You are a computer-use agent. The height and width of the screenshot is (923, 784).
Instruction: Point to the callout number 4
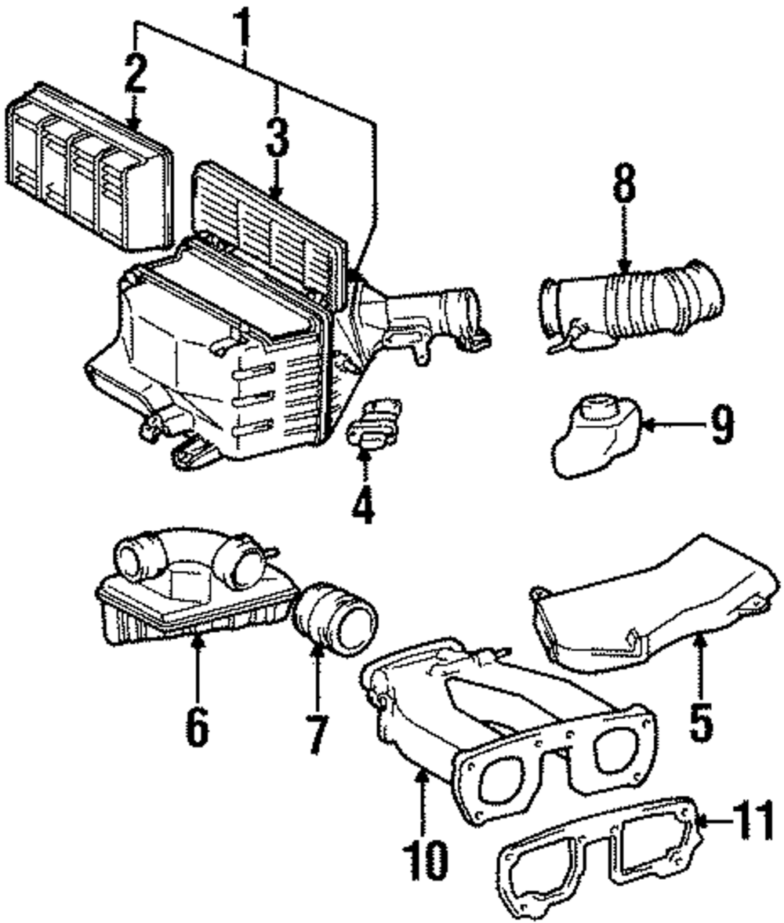362,503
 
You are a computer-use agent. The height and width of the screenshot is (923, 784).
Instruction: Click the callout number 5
700,722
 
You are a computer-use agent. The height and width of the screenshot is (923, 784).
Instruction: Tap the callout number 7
317,734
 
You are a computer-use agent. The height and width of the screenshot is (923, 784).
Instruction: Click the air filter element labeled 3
270,231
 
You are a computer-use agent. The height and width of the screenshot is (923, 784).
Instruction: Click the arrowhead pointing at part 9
644,426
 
